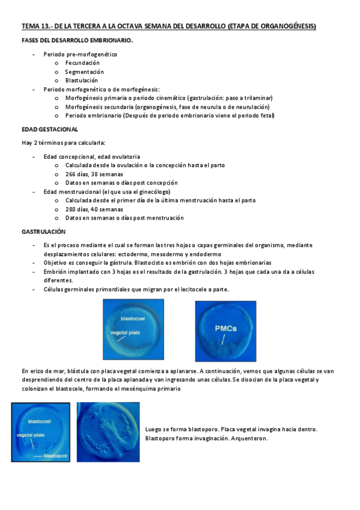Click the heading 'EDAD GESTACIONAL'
[49, 129]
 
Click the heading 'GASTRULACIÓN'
[44, 232]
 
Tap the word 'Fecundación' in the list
[82, 63]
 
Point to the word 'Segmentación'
[84, 72]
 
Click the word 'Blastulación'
[81, 80]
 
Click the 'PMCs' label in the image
[226, 329]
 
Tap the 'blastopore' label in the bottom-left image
[57, 456]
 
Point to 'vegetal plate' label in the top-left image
[125, 331]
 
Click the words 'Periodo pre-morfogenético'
[80, 54]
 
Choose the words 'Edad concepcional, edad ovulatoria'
[91, 156]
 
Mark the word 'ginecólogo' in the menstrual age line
[156, 192]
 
